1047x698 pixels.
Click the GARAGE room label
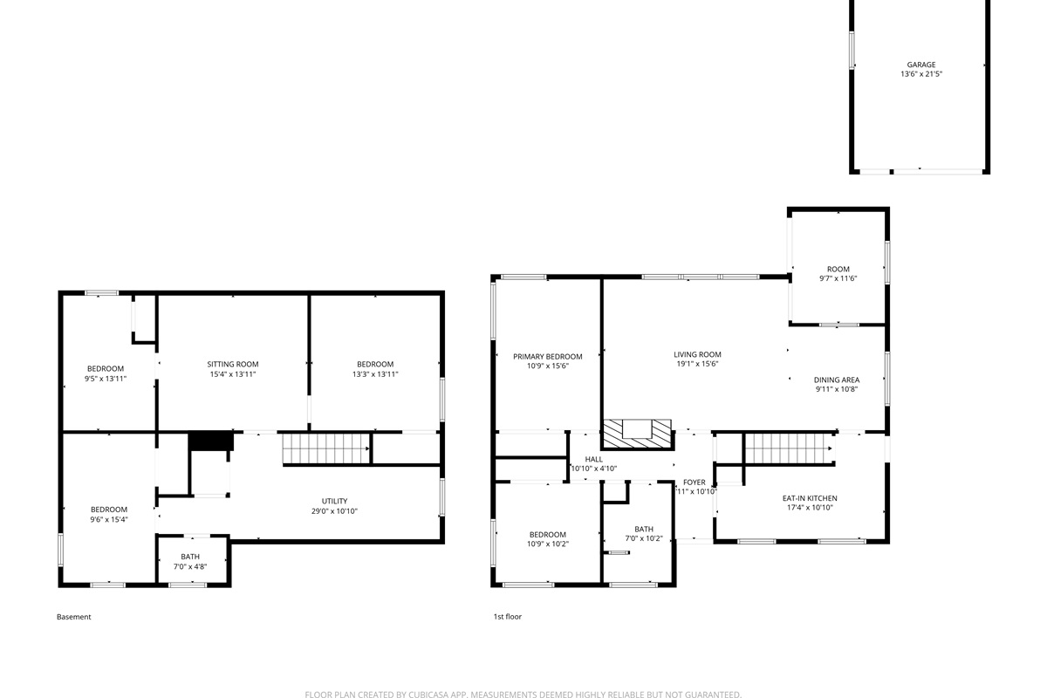tap(921, 65)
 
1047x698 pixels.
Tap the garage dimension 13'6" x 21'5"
tap(921, 74)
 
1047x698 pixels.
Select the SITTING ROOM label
tap(233, 364)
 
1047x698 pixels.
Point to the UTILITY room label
tap(335, 501)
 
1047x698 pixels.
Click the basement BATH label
tap(190, 557)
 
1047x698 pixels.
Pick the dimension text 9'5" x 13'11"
tap(106, 379)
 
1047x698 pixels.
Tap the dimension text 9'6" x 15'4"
tap(109, 519)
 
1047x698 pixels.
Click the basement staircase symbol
tap(326, 448)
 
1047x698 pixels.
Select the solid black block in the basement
tap(211, 441)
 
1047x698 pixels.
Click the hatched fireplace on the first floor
tap(637, 434)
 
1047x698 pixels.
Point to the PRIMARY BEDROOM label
tap(548, 357)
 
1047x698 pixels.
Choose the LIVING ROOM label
tap(697, 355)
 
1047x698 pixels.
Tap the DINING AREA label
tap(837, 380)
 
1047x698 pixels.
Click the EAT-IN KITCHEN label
tap(810, 498)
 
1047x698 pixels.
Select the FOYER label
tap(695, 482)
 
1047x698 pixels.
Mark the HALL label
tap(593, 460)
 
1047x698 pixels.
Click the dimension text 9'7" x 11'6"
tap(838, 278)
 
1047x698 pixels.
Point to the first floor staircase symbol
tap(790, 448)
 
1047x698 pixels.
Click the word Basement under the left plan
tap(74, 617)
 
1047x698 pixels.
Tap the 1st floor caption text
tap(508, 617)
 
